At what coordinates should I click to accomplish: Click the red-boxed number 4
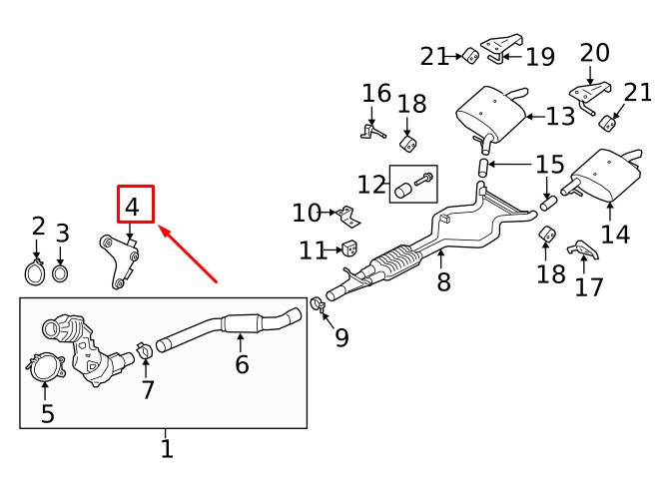point(132,207)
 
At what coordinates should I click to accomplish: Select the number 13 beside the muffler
point(561,116)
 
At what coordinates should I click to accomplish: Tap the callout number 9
point(341,336)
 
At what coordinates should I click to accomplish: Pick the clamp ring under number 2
point(34,272)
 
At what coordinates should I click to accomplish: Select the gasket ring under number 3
point(61,273)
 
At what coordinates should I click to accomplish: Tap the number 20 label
point(594,53)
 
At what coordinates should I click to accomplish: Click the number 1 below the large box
point(167,449)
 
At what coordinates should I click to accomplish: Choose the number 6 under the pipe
point(242,364)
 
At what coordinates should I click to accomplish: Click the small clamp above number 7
point(145,350)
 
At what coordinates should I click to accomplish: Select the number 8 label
point(443,281)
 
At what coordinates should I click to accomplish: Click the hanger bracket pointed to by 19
point(501,48)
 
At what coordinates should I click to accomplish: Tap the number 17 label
point(589,286)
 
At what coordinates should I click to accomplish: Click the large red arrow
point(188,254)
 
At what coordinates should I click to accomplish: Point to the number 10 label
point(307,213)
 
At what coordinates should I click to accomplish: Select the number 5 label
point(48,413)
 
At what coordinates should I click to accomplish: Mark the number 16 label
point(376,93)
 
